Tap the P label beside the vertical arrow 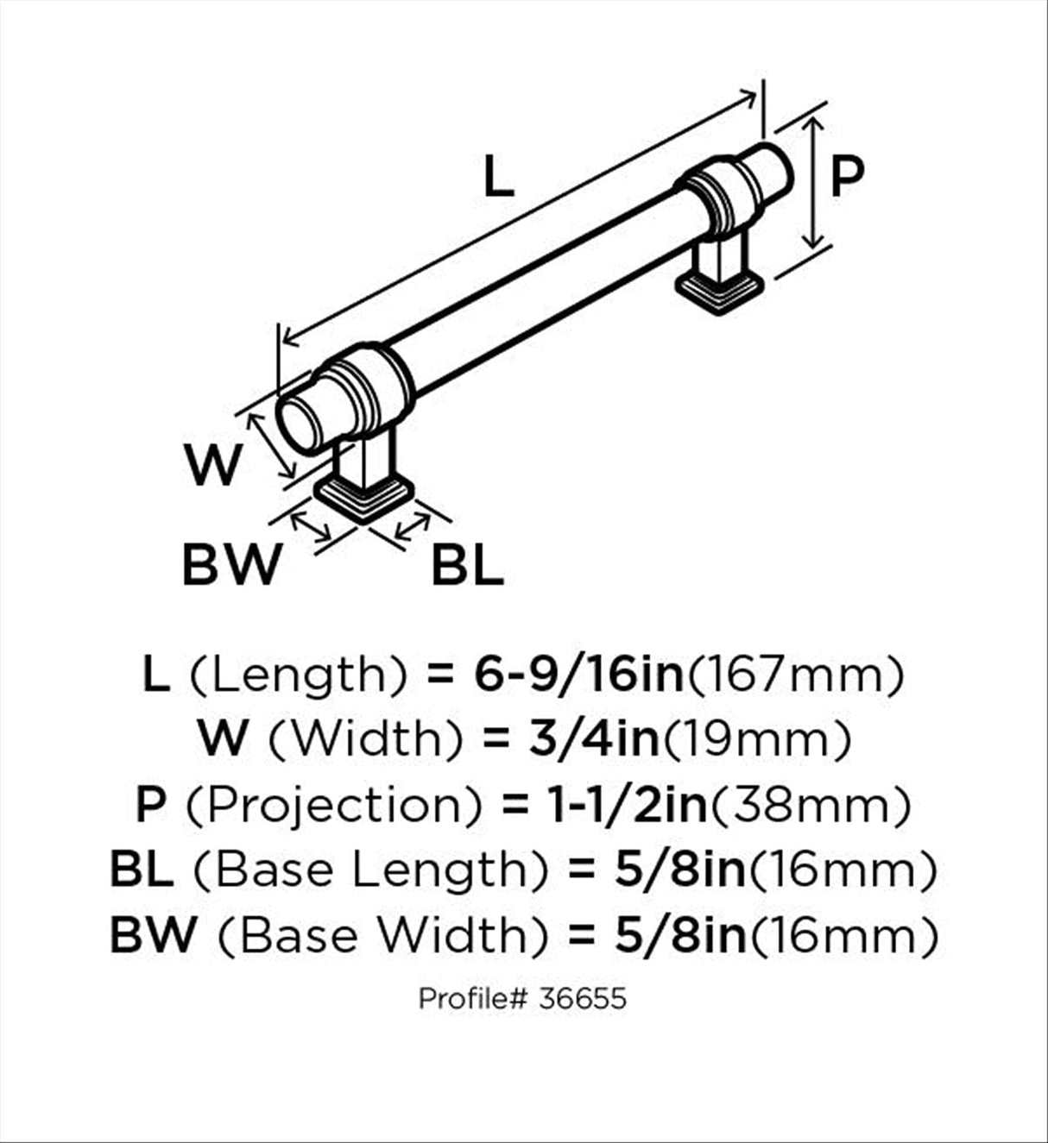click(x=847, y=175)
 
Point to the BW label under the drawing click(x=231, y=564)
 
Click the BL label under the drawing click(x=468, y=564)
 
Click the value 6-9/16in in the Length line click(x=578, y=675)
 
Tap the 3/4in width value click(x=594, y=740)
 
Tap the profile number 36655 click(x=582, y=999)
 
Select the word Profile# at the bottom click(x=473, y=999)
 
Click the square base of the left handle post click(x=365, y=498)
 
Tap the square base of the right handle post click(x=720, y=293)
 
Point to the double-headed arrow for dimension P click(x=816, y=184)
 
